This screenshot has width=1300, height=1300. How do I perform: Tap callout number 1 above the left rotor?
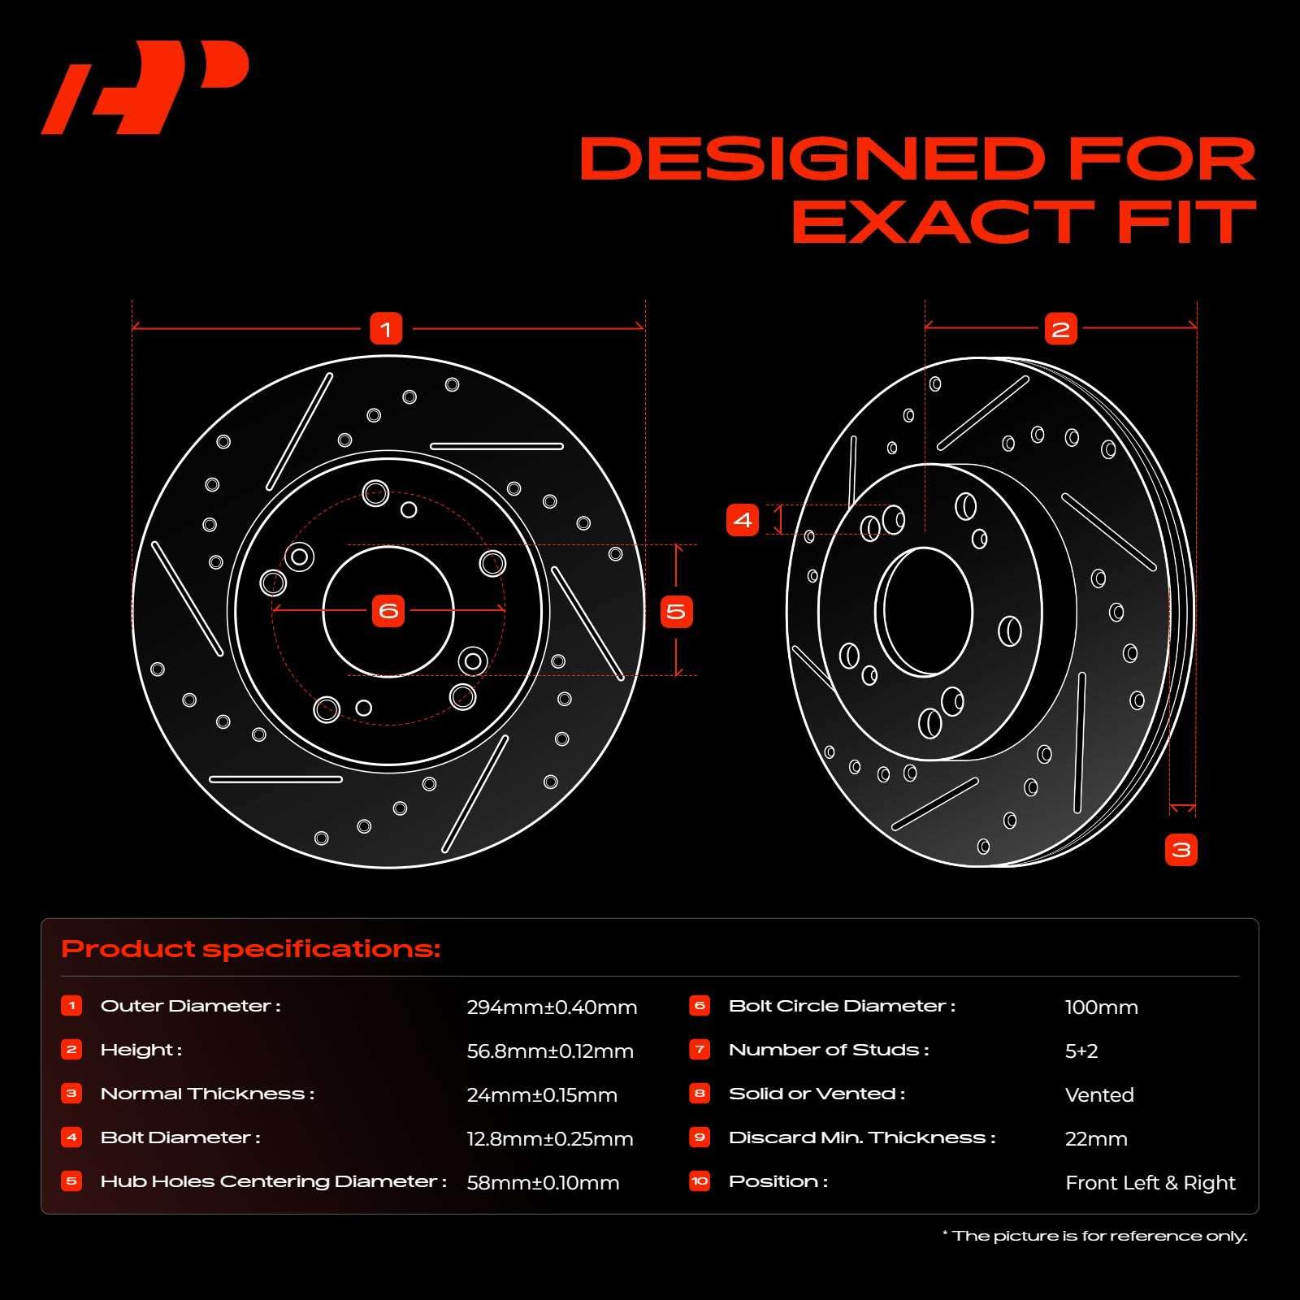tap(386, 329)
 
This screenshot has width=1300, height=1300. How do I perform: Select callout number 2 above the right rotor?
tap(1060, 329)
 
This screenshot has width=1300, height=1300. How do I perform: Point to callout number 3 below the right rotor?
tap(1181, 850)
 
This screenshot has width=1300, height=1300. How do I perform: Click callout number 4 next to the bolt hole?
tap(743, 519)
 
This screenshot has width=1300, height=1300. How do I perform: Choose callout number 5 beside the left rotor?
tap(676, 611)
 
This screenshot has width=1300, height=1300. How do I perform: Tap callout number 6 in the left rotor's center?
tap(388, 610)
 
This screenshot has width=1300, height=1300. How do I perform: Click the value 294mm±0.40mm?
tap(552, 1007)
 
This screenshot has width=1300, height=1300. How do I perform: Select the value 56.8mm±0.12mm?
tap(550, 1051)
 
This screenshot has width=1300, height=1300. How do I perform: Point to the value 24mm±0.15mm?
tap(542, 1095)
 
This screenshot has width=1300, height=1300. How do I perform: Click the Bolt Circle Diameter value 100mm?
tap(1101, 1007)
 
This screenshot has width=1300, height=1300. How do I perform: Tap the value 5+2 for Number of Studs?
tap(1081, 1051)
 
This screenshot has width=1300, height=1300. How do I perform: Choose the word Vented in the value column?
tap(1099, 1095)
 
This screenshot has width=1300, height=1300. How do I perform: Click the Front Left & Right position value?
tap(1150, 1183)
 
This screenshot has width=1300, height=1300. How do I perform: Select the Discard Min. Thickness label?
tap(862, 1137)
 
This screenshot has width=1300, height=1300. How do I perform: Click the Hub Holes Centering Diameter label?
tap(274, 1181)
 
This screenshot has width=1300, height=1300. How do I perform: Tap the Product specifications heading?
tap(251, 949)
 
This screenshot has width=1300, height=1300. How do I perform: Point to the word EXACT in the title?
tap(943, 222)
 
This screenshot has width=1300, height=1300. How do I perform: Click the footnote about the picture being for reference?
tap(1094, 1236)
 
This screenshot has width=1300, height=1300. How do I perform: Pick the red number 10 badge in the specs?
tap(700, 1181)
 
